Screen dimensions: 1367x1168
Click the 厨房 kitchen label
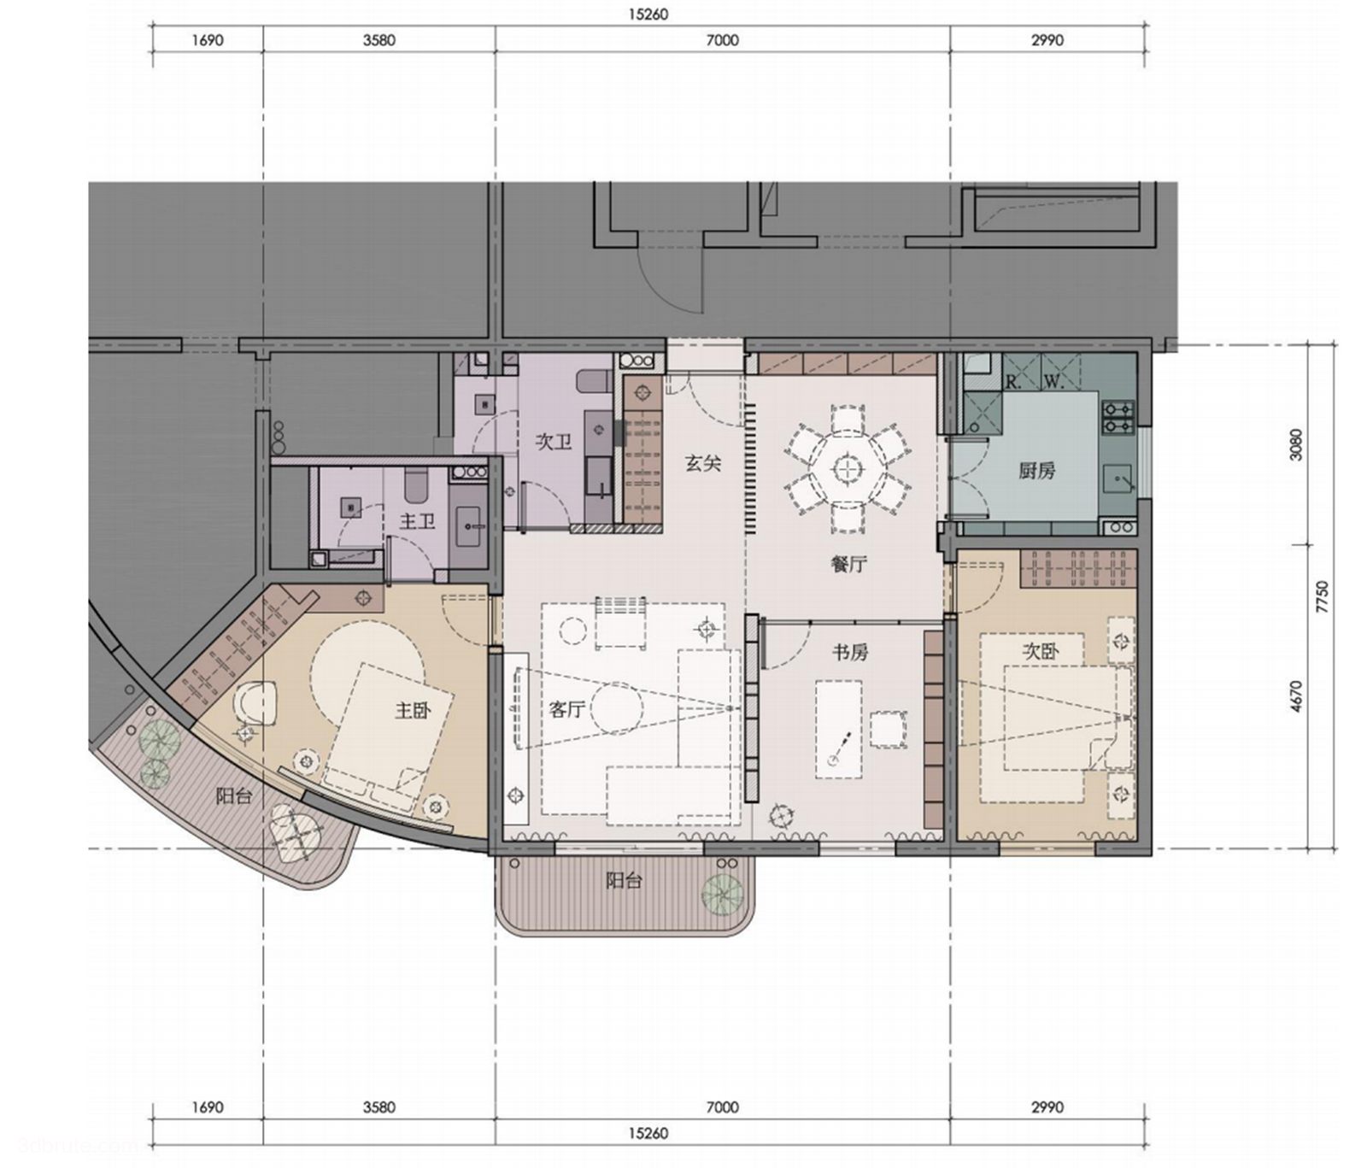1036,470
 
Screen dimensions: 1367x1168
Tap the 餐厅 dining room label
848,564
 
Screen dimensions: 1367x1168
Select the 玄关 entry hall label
703,463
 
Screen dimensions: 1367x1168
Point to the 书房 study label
850,652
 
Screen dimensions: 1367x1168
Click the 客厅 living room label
566,709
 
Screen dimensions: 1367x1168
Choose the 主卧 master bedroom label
413,709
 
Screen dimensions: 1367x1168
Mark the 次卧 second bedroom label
1041,651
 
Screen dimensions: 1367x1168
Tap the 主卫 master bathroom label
417,520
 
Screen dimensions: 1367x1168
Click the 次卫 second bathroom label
553,442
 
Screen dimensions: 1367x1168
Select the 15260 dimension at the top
648,15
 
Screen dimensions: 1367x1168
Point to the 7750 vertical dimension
1323,596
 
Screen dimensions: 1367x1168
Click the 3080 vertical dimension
1296,444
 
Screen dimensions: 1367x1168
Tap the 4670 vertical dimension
1296,697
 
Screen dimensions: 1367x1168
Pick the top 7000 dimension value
722,40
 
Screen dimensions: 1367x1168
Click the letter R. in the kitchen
1013,382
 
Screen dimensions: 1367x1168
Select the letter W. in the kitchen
1054,382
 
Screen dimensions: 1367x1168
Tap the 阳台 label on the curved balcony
233,796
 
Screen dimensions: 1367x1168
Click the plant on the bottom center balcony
722,893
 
